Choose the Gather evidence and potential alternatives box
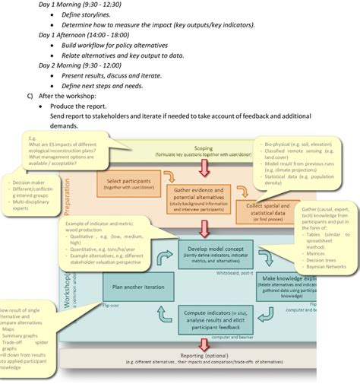coord(197,195)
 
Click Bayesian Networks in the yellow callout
coord(324,267)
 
